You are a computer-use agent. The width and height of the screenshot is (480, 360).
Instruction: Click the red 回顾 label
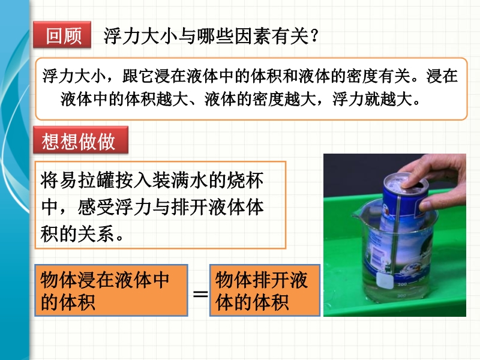tap(62, 35)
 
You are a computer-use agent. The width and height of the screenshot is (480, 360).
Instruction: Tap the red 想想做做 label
tap(80, 140)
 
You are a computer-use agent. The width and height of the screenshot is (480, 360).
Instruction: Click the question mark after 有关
tap(314, 36)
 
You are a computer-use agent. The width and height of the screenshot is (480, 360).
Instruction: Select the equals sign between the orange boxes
tap(200, 294)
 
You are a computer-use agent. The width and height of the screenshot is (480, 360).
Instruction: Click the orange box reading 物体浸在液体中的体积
tap(111, 290)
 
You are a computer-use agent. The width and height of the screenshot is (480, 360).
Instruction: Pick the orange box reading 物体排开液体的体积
tap(265, 290)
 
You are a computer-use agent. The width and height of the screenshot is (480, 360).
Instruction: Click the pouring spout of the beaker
tap(356, 217)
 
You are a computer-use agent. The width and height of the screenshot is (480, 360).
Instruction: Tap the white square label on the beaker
tap(385, 280)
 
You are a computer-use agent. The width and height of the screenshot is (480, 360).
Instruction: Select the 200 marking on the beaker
tap(402, 284)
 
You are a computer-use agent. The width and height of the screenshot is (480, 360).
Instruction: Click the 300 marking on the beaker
tap(401, 296)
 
